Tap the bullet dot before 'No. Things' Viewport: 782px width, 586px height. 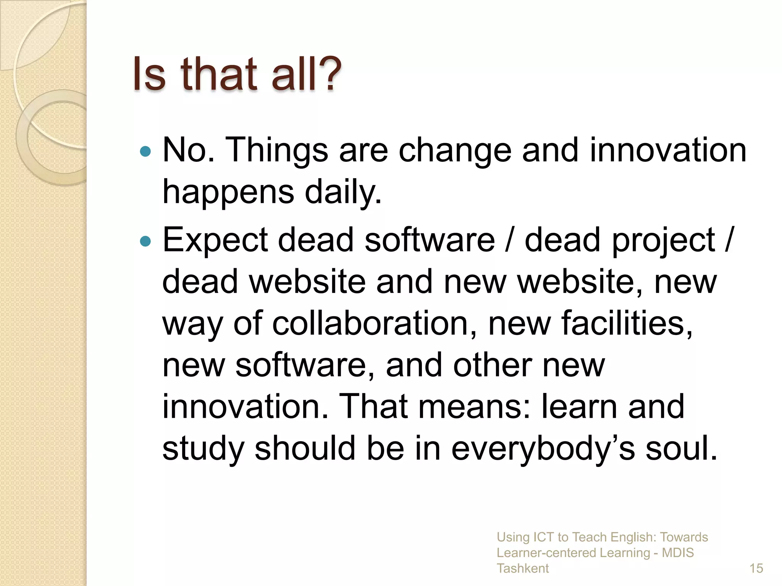tap(145, 152)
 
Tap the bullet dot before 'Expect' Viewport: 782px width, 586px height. tap(145, 241)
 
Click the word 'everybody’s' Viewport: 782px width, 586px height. tap(543, 449)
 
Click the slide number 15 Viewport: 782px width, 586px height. tap(756, 568)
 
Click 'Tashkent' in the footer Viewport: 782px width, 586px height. tap(522, 568)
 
